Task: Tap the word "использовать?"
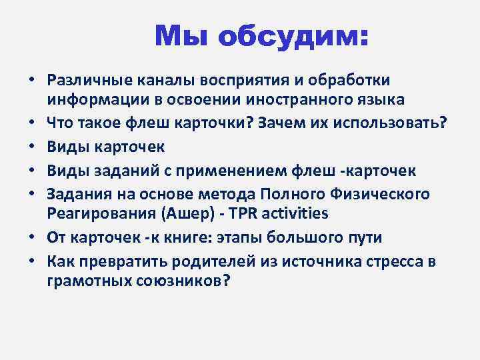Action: pyautogui.click(x=389, y=123)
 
